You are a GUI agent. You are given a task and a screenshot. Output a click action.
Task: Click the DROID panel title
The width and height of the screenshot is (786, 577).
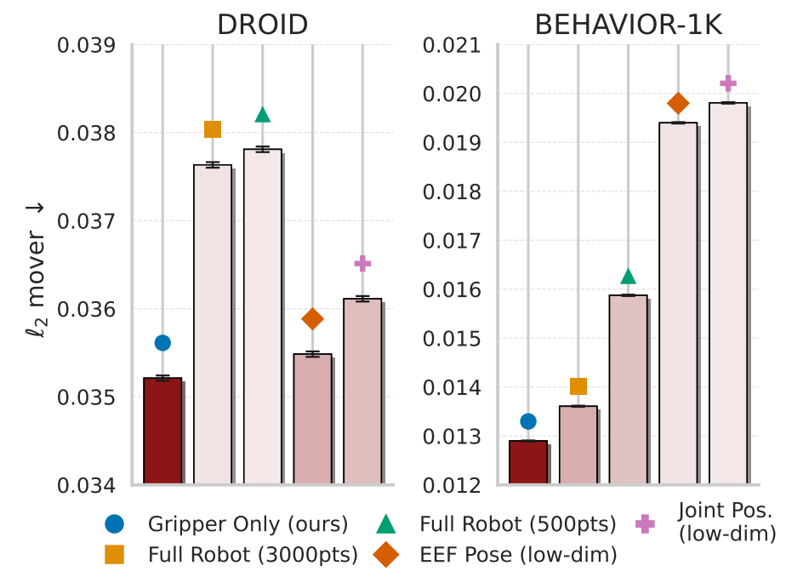262,24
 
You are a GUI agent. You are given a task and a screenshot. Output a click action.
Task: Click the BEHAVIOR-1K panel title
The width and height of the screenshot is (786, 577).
629,24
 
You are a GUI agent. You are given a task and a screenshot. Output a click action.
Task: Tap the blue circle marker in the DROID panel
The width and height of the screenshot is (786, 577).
162,342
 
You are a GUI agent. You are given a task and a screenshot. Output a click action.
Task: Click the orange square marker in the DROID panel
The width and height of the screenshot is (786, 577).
213,129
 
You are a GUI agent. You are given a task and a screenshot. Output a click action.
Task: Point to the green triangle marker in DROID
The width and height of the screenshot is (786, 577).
263,115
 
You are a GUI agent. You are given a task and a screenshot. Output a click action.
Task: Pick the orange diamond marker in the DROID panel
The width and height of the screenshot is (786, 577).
313,319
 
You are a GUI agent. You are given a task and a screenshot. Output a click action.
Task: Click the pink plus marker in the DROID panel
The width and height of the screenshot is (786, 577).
363,263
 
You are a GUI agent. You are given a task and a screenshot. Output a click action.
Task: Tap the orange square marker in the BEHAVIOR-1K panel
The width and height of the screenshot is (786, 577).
578,386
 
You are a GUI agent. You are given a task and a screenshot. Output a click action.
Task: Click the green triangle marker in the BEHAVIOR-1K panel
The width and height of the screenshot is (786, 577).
628,277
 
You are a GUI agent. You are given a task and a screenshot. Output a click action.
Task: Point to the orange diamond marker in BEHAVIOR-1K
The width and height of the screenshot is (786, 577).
678,104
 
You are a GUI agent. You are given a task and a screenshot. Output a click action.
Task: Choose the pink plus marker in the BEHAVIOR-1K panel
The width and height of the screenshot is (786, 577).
728,83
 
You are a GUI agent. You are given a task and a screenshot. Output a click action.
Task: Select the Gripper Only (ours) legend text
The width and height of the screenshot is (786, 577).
248,523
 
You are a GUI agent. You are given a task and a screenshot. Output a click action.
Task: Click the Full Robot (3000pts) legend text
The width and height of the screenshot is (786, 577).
253,555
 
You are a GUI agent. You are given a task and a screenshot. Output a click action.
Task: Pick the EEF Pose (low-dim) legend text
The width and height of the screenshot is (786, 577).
518,555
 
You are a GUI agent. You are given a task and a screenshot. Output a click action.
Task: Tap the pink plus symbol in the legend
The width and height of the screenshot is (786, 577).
651,523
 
